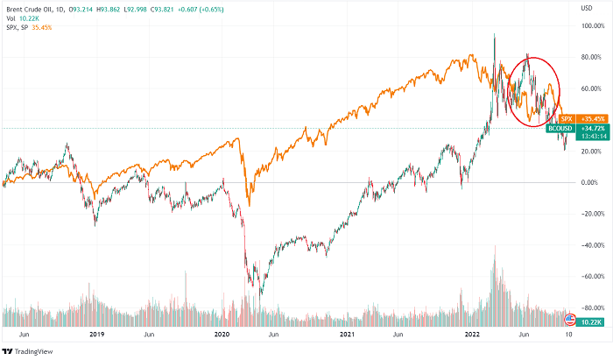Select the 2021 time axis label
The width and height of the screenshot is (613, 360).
coord(348,335)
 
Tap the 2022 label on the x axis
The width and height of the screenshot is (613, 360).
coord(474,335)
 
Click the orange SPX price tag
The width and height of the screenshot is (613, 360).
coord(566,117)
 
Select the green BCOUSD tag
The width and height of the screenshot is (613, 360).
coord(560,129)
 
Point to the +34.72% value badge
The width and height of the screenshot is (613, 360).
coord(592,129)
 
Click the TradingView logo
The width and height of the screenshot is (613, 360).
coord(32,349)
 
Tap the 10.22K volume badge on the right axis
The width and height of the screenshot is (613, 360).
coord(592,322)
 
